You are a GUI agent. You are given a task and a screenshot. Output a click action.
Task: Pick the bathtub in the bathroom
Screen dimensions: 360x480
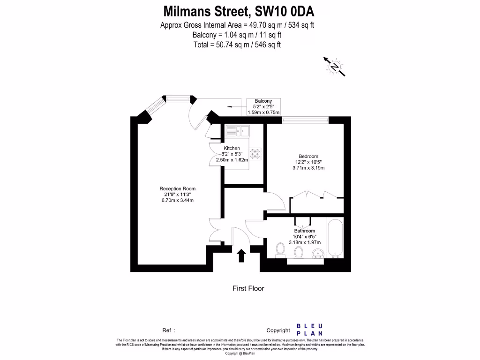pyautogui.click(x=335, y=239)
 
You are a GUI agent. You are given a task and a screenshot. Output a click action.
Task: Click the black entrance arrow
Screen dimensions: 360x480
pyautogui.click(x=241, y=256)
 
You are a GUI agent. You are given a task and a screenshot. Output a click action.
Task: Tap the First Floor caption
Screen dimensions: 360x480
pyautogui.click(x=248, y=288)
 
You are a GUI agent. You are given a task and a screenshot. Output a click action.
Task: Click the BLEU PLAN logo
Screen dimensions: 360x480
pyautogui.click(x=309, y=330)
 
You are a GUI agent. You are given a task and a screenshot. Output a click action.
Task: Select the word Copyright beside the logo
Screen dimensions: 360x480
pyautogui.click(x=278, y=330)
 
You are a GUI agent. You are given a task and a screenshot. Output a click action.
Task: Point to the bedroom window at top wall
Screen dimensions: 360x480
pyautogui.click(x=305, y=120)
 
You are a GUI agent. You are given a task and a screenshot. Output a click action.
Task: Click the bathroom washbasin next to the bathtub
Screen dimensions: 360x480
pyautogui.click(x=318, y=254)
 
